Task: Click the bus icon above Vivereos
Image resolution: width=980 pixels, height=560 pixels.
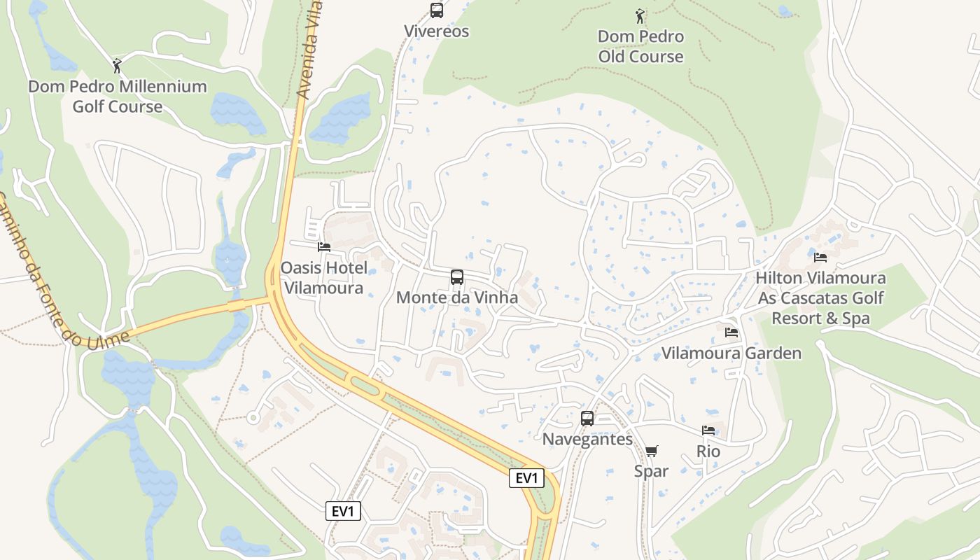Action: tap(437, 10)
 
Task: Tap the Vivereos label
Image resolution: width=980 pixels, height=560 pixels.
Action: tap(437, 31)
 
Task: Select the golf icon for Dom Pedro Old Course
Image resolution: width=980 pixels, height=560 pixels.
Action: tap(640, 15)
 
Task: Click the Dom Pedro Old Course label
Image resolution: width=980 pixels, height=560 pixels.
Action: tap(640, 46)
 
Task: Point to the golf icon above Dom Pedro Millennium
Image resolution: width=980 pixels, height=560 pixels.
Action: tap(117, 66)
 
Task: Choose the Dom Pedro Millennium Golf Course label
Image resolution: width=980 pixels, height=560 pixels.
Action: tap(118, 97)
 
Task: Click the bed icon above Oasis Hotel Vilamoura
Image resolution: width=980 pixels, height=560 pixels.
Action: tap(324, 247)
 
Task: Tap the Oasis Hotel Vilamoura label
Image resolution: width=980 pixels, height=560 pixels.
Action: tap(323, 278)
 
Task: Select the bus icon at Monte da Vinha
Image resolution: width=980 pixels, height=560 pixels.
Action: tap(457, 277)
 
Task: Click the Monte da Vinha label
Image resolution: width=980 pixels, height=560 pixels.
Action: tap(457, 297)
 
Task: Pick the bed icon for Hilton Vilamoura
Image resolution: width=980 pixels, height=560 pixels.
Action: tap(820, 258)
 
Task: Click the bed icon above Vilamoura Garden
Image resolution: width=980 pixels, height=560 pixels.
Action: tap(731, 332)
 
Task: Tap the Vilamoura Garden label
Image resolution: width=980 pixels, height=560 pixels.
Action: tap(731, 353)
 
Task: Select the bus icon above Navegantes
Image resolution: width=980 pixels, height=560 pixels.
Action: tap(587, 419)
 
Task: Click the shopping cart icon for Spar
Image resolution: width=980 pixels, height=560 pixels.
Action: tap(651, 451)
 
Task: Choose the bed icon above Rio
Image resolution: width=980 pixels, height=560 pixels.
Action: tap(708, 431)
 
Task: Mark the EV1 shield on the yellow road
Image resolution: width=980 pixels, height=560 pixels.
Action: tap(526, 478)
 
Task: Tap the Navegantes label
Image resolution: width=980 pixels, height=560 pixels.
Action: tap(587, 440)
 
